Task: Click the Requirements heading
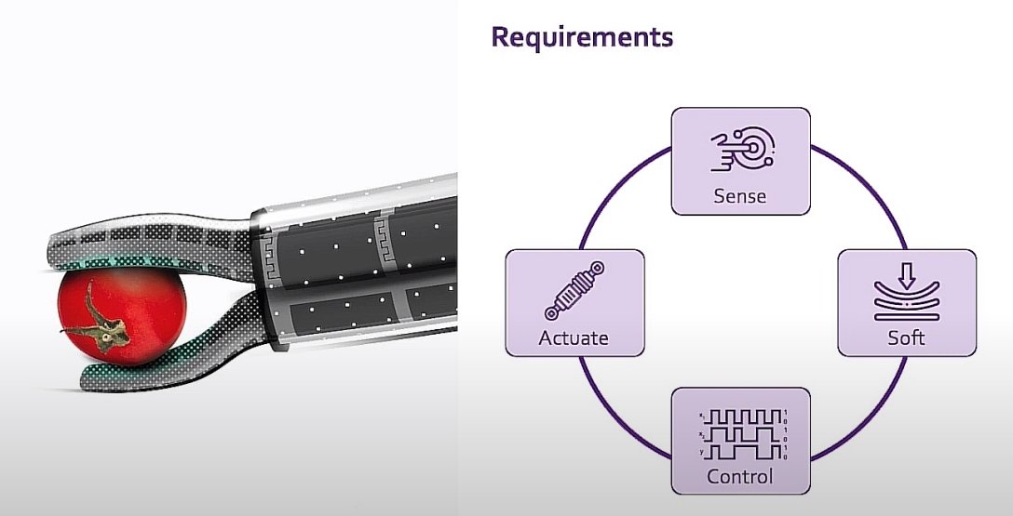point(581,38)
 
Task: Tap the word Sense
point(740,196)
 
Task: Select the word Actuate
point(573,337)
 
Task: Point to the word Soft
point(906,337)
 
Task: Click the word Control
point(740,477)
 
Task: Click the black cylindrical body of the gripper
point(363,270)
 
